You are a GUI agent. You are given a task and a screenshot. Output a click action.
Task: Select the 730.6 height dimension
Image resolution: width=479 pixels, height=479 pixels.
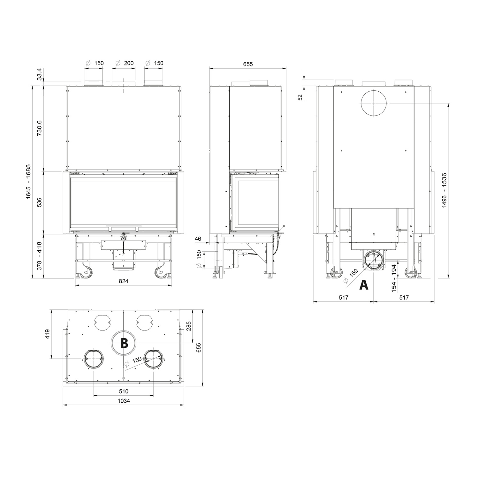[39, 128]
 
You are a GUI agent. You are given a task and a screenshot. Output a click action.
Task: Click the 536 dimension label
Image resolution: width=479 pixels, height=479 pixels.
[39, 202]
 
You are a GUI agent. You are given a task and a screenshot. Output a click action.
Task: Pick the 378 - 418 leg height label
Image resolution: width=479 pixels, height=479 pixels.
[39, 256]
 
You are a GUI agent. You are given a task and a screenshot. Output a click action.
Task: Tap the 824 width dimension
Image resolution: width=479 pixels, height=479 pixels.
[124, 281]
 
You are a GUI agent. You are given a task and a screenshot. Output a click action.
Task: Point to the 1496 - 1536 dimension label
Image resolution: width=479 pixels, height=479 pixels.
[444, 191]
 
